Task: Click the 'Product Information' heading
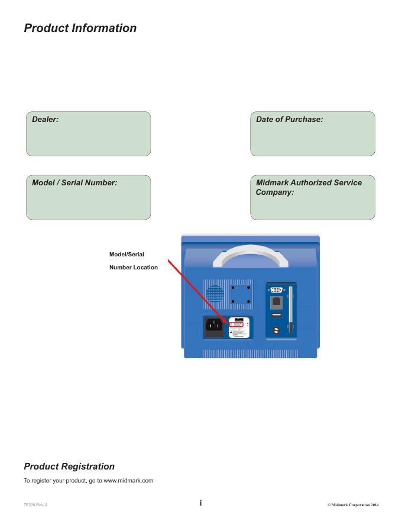pos(80,28)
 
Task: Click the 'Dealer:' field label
pos(45,120)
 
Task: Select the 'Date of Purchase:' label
pos(289,120)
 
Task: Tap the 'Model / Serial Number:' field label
pos(74,183)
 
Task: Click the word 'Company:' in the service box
pos(275,192)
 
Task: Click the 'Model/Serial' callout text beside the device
pos(127,255)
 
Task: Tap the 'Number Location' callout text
pos(134,268)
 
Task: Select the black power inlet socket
pos(214,326)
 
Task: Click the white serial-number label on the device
pos(238,328)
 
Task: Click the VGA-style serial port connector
pos(276,290)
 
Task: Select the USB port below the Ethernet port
pos(276,316)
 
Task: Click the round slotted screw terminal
pos(276,330)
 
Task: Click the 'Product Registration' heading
pos(69,467)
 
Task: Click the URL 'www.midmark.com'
pos(128,481)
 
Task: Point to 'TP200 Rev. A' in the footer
pos(35,504)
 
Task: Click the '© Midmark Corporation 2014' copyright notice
pos(352,504)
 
